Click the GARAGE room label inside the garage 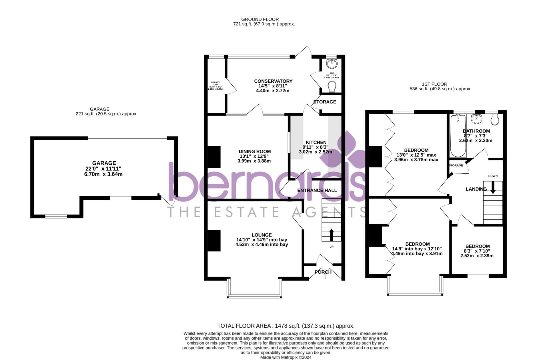104,163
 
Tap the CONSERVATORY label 273,81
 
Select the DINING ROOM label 254,151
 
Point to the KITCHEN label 314,142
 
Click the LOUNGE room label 261,235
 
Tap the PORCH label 323,272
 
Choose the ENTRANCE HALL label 317,190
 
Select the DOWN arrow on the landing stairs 493,189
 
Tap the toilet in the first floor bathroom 495,119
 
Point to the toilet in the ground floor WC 332,87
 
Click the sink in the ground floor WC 332,63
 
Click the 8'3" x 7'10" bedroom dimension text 477,251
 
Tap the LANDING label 476,189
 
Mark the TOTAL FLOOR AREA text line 286,326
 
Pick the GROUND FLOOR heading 260,19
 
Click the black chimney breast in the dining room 214,157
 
